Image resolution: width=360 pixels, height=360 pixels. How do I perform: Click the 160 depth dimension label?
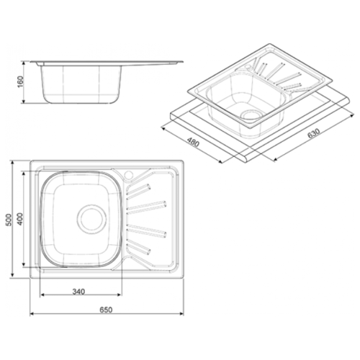(x=21, y=82)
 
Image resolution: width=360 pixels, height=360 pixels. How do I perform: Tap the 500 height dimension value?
(x=9, y=220)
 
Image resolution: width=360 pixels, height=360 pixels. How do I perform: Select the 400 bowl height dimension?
(x=21, y=219)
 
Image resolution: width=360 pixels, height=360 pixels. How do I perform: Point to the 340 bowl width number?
(x=78, y=292)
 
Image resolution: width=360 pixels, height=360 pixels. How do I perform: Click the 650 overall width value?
(x=106, y=310)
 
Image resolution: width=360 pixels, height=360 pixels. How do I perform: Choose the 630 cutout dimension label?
(x=314, y=134)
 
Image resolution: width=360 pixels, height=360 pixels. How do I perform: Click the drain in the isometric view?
(x=251, y=116)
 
